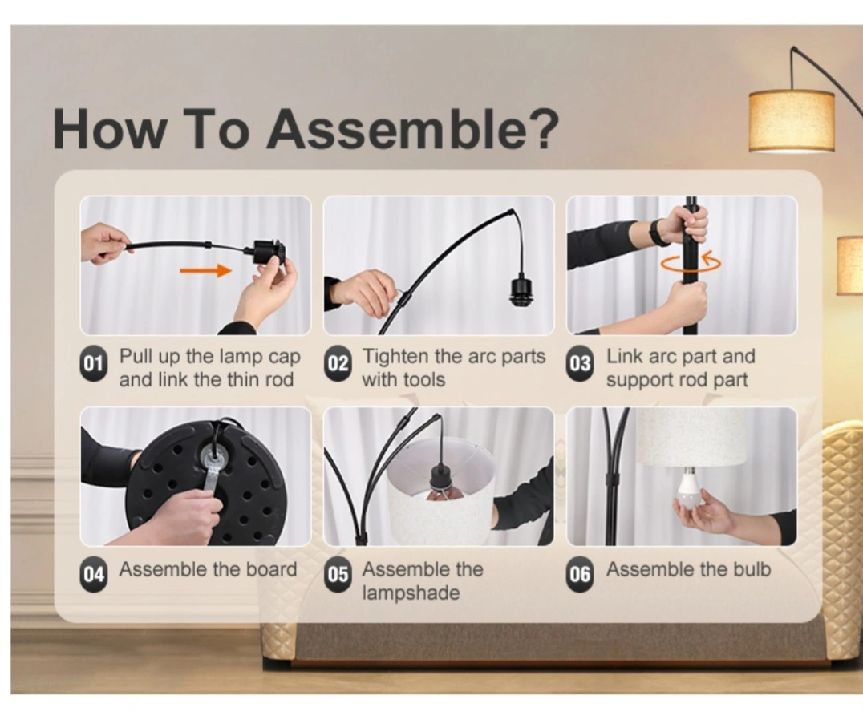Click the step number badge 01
click(94, 364)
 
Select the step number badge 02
click(338, 364)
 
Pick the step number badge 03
click(581, 364)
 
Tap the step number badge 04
click(94, 575)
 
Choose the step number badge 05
click(338, 575)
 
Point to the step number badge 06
click(581, 575)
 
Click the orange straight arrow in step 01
click(206, 270)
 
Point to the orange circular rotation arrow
click(691, 262)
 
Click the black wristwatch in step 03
click(656, 233)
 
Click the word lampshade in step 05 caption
click(411, 593)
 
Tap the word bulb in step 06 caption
click(752, 569)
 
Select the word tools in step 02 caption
click(423, 380)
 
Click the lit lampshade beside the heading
click(792, 121)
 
